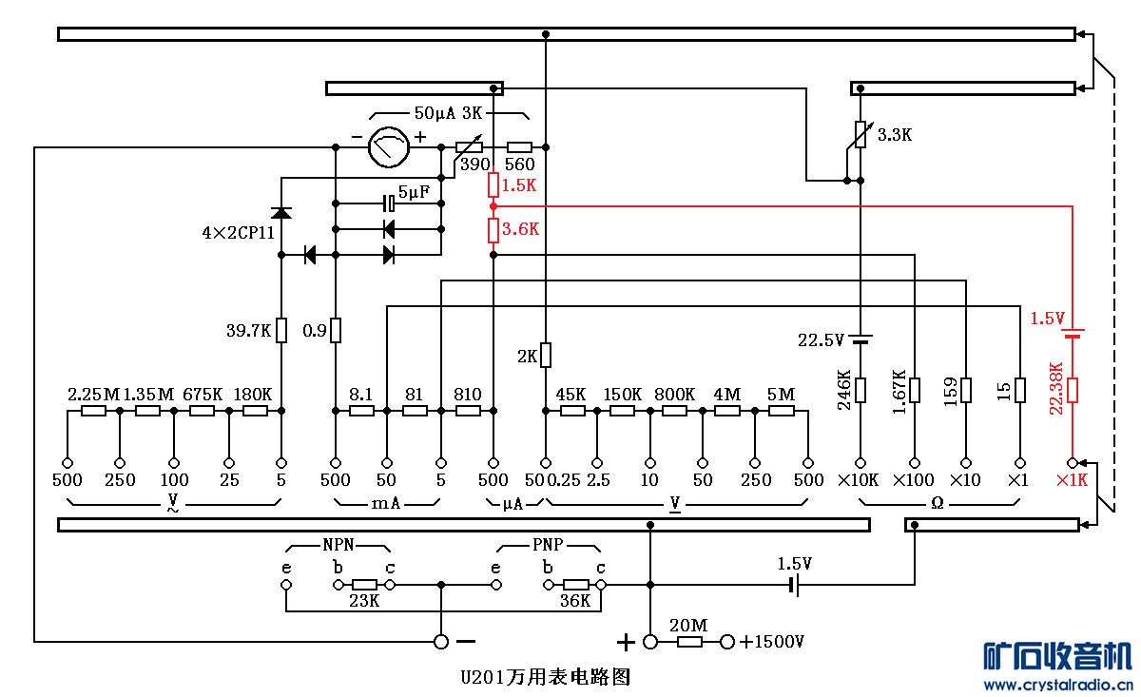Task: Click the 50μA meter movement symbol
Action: coord(387,147)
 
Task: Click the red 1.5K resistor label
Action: coord(519,185)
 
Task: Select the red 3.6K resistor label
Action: coord(520,229)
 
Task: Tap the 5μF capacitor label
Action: coord(414,192)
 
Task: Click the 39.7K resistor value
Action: coord(249,331)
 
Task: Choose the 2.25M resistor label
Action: coord(93,394)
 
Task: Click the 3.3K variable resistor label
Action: coord(895,135)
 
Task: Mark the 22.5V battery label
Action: coord(821,340)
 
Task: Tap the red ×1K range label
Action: coord(1072,480)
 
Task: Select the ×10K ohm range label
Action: coord(859,480)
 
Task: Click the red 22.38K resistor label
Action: coord(1054,389)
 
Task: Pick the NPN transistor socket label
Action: coord(338,546)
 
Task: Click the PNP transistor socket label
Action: coord(548,546)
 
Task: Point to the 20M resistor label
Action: coord(688,625)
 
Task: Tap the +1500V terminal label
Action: coord(772,642)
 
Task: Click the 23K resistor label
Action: coord(364,601)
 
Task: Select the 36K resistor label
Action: coord(575,601)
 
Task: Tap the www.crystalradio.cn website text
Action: coord(1057,685)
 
